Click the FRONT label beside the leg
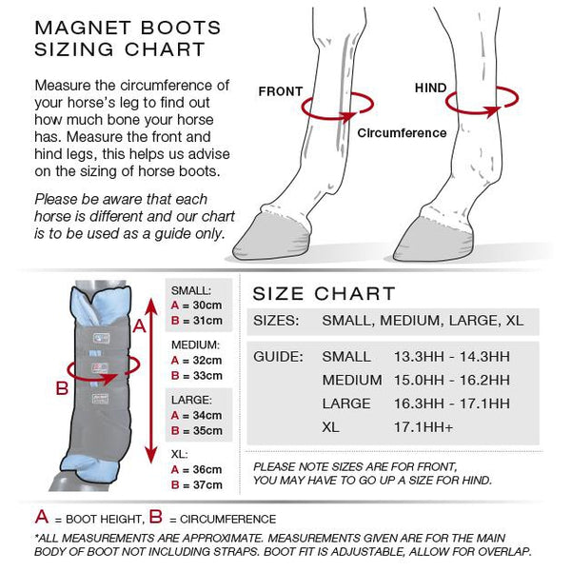tap(281, 91)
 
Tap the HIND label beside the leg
tap(430, 88)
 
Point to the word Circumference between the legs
tap(402, 133)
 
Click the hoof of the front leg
tap(271, 237)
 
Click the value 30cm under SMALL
tap(207, 305)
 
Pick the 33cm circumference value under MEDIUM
tap(207, 376)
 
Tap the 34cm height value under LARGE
tap(207, 415)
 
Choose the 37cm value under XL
tap(207, 484)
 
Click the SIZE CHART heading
tap(324, 293)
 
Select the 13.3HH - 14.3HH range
tap(452, 357)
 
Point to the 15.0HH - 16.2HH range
tap(452, 380)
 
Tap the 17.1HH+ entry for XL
tap(423, 427)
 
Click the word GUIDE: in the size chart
tap(278, 357)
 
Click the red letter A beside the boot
tap(139, 325)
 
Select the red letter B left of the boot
tap(62, 388)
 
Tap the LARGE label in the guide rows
tap(346, 404)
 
